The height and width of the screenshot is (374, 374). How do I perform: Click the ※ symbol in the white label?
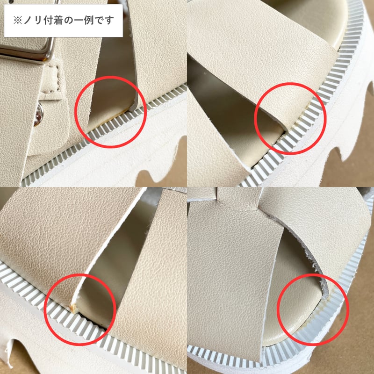point(17,21)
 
